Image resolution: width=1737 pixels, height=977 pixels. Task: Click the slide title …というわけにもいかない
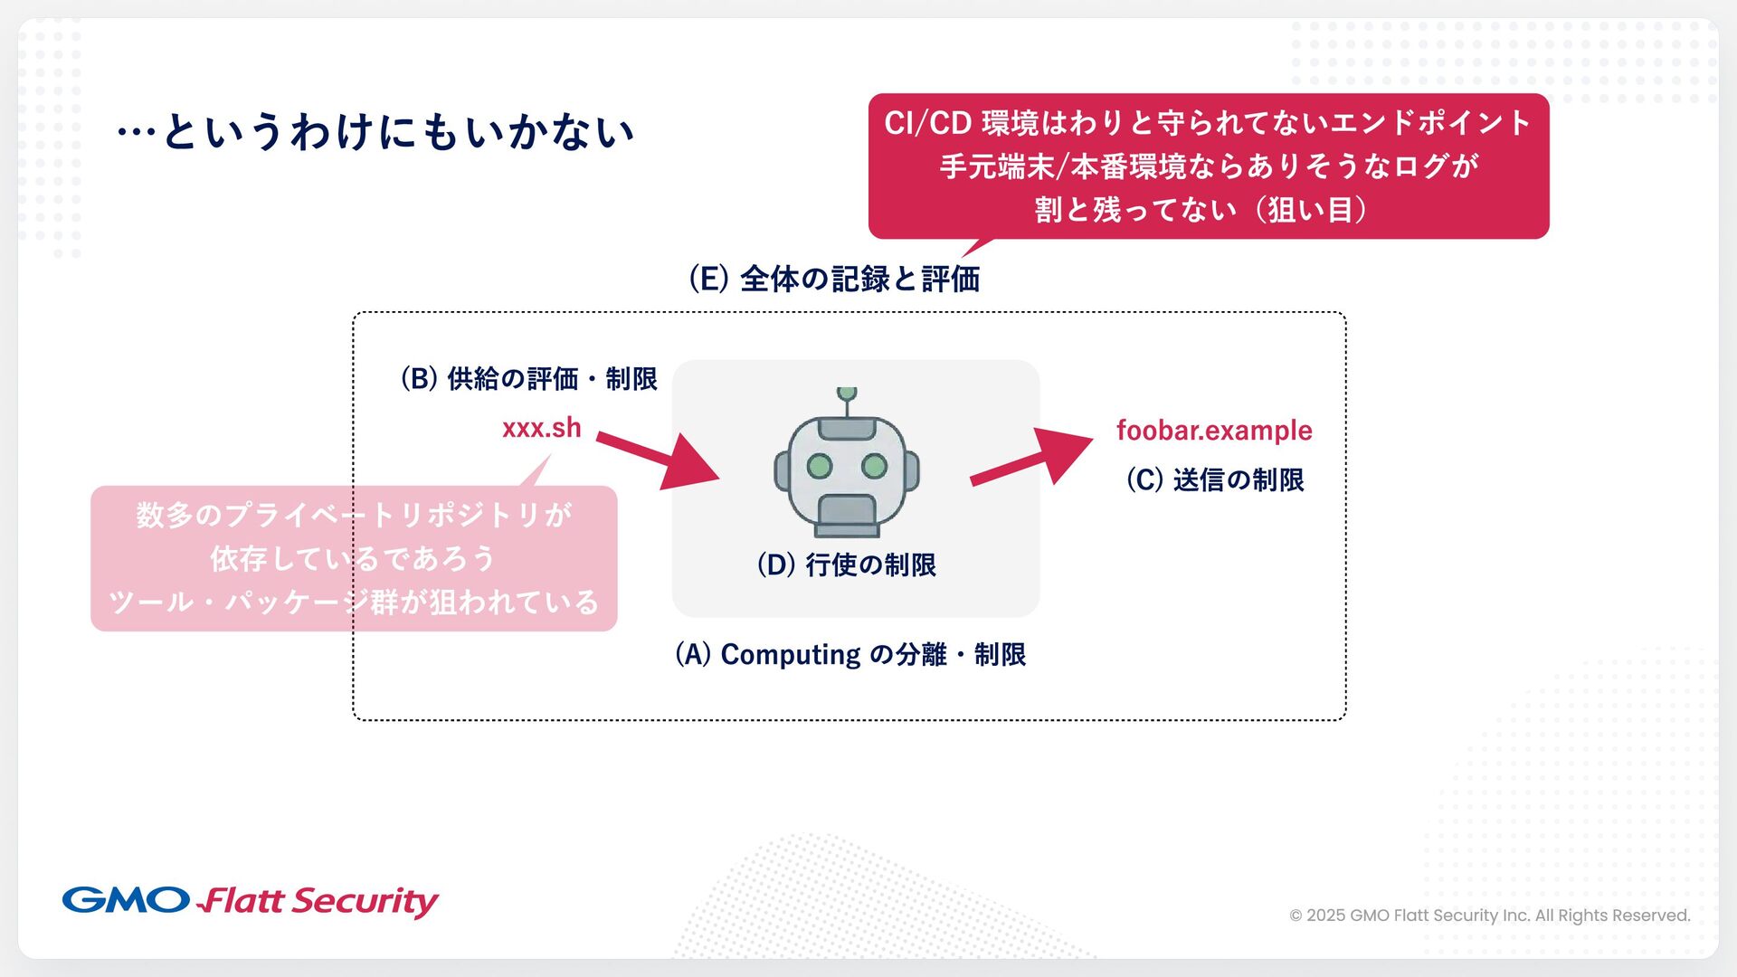375,132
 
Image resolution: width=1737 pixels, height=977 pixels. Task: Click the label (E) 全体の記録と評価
833,279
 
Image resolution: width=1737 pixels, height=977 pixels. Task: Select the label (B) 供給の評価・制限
528,378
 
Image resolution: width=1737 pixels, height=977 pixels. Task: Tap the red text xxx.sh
541,427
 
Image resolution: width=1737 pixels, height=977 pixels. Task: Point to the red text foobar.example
1213,430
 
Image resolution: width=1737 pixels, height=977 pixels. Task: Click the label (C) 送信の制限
1214,479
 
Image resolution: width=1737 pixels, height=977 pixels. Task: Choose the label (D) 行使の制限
846,564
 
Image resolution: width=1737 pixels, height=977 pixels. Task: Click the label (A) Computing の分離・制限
850,654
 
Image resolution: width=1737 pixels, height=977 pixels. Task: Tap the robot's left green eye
819,466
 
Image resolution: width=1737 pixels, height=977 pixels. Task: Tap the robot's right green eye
874,466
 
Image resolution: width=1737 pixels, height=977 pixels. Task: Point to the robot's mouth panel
847,515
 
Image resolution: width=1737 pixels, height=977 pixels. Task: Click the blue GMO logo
126,900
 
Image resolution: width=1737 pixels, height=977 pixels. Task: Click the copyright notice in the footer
1489,915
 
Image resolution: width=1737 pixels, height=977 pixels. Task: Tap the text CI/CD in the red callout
927,122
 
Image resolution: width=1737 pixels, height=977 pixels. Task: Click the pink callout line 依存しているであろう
353,558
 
